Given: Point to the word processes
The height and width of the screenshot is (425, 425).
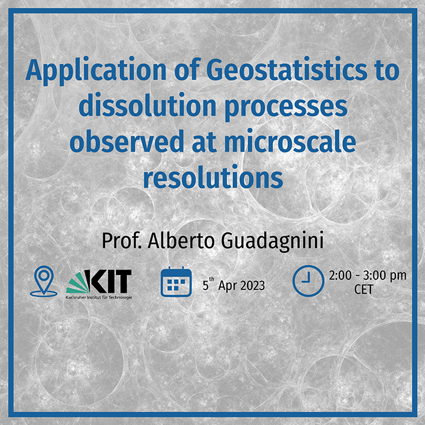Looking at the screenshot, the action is pos(286,108).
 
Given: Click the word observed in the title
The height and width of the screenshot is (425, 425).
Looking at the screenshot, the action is pos(127,140).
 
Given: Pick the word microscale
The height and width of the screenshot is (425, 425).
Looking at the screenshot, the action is pos(290,140).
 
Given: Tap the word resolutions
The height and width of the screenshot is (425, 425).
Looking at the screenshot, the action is pos(213,177).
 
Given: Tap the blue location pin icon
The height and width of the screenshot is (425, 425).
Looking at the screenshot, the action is pos(44,281).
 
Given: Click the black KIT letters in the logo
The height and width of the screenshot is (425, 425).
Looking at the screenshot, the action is pos(108,281).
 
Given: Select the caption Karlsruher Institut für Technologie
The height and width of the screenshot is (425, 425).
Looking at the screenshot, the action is pos(98,297).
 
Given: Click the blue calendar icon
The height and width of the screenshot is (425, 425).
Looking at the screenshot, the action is pos(176,282).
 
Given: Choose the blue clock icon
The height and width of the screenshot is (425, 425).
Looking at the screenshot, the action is pos(308,280).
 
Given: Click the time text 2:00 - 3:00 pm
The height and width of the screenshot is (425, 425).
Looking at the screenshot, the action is pos(368,276).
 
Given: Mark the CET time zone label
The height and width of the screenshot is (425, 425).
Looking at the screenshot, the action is pos(364,289).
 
